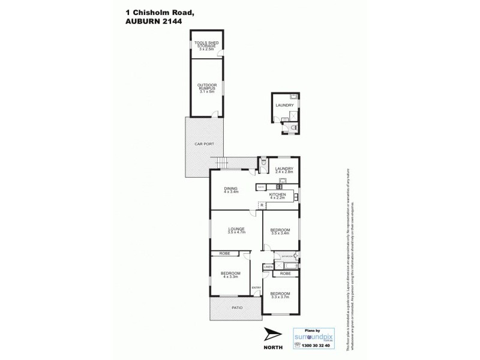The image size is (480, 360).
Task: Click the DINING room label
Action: click(x=231, y=190)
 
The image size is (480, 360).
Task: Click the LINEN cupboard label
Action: click(x=268, y=267)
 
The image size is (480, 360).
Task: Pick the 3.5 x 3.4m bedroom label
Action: click(x=280, y=232)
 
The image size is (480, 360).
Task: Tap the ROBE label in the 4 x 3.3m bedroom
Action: click(x=224, y=253)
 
